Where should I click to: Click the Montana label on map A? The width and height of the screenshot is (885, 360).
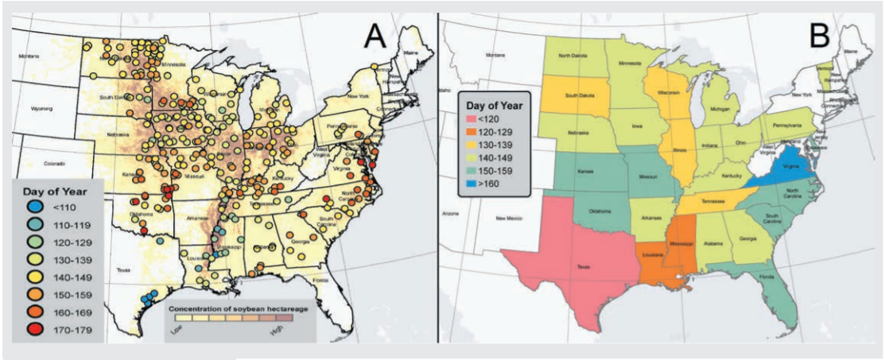29,55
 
